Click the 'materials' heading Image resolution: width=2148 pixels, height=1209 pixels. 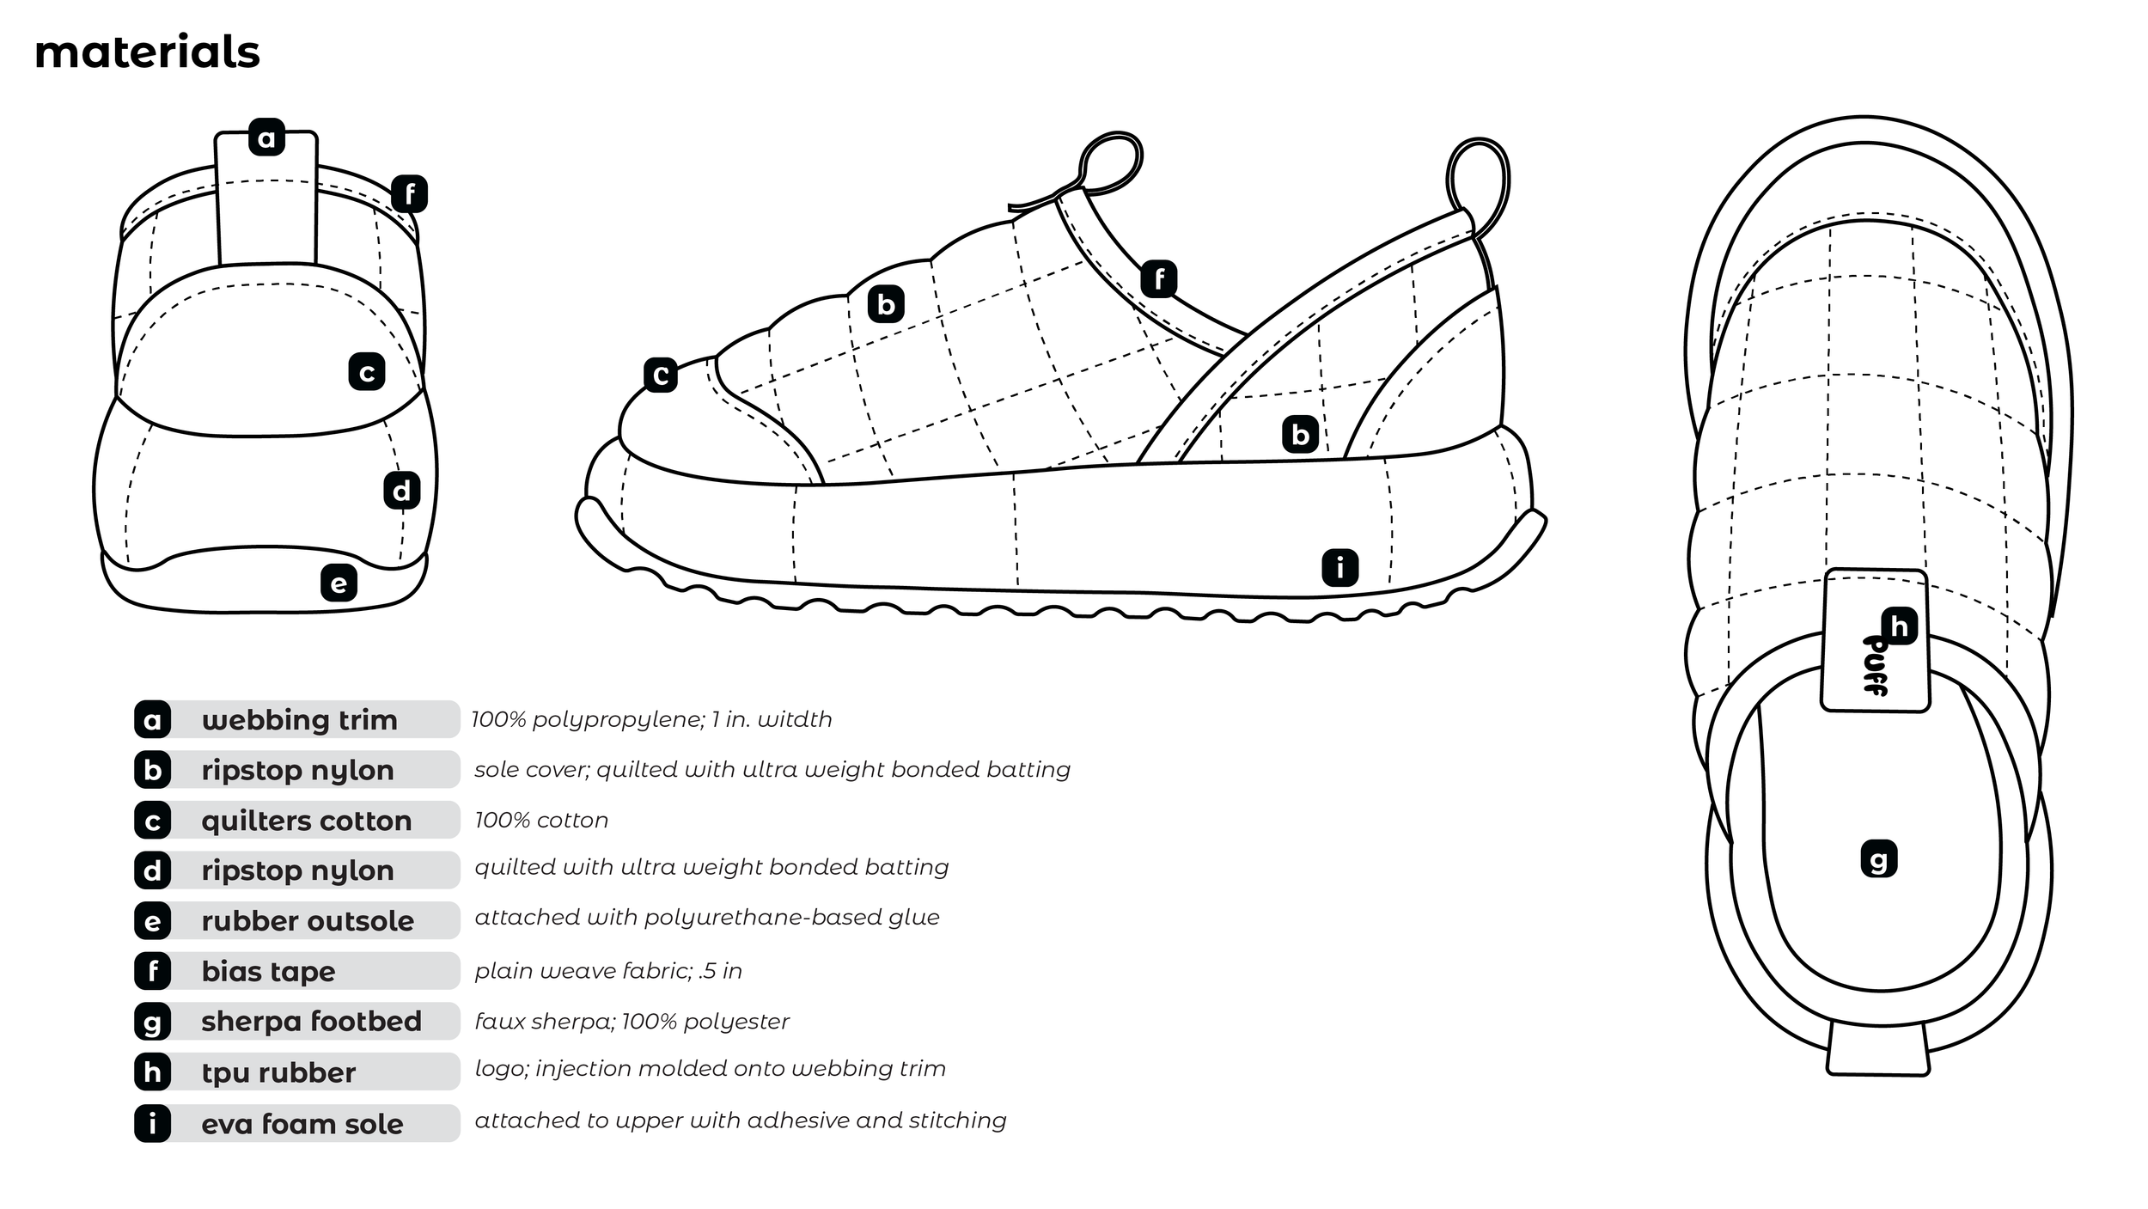point(147,52)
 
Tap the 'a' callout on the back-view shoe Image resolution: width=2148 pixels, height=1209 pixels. point(266,137)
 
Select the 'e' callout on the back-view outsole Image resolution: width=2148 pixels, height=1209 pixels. point(339,583)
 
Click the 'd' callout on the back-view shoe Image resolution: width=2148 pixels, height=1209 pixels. point(401,491)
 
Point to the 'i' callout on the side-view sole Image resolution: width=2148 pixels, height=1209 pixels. point(1339,568)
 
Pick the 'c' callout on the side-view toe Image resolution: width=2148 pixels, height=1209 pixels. point(661,375)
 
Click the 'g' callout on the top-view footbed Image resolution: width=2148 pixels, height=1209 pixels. point(1878,859)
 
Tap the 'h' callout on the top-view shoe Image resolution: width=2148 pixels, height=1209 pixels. point(1899,626)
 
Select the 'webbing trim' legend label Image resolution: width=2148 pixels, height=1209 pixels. point(299,720)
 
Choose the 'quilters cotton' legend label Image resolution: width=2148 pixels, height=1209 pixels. point(306,821)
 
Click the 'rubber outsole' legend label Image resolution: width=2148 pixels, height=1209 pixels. point(308,921)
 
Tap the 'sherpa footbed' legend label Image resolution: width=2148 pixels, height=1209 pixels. point(311,1022)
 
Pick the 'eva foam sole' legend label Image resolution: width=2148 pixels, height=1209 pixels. point(302,1124)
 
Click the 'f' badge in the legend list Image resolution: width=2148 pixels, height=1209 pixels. point(153,971)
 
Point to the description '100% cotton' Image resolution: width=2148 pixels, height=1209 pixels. point(541,820)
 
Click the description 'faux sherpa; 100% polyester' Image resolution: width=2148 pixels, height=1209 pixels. point(632,1021)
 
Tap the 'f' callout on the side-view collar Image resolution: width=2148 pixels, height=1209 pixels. point(1159,279)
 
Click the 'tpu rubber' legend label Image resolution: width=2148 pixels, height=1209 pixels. point(278,1072)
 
